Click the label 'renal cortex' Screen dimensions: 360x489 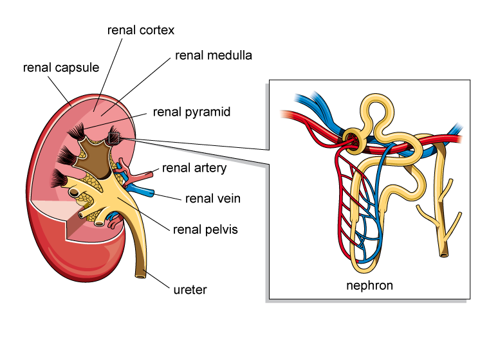point(141,30)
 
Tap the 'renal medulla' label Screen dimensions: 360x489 point(213,55)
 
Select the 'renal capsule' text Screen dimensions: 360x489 point(61,67)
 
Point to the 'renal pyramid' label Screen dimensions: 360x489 point(191,112)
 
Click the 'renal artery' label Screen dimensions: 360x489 point(194,168)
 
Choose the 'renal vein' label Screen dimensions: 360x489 point(212,199)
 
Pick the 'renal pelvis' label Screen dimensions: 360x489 point(205,230)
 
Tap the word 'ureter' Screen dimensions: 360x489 point(190,290)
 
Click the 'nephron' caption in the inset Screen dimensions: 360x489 point(369,285)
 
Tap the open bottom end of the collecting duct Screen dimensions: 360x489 point(443,255)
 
